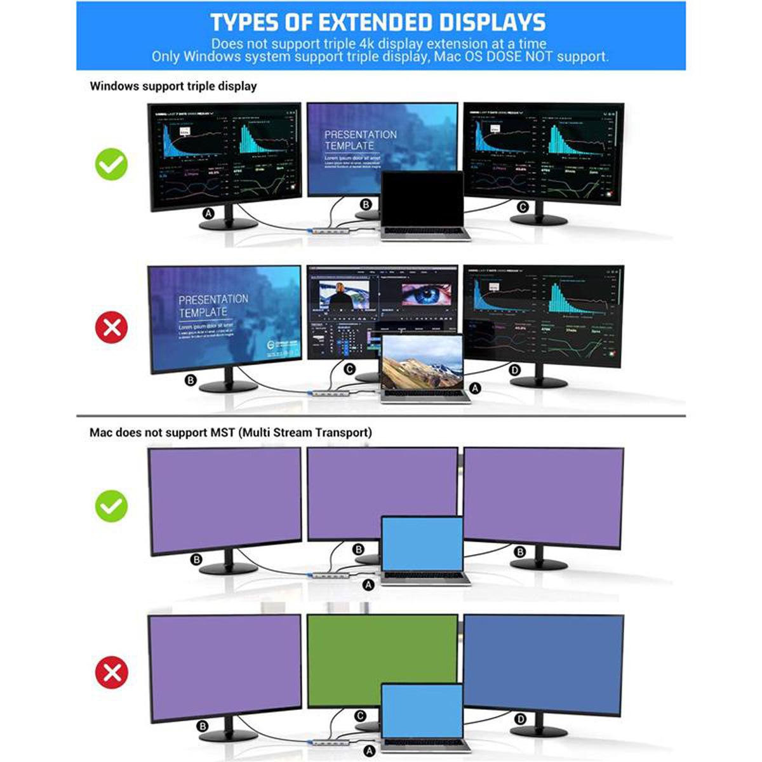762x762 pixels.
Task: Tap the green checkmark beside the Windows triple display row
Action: coord(111,164)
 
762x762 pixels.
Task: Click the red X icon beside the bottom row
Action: coord(111,672)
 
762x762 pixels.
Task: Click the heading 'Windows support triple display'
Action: coord(173,86)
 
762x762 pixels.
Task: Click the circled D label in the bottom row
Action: coord(521,719)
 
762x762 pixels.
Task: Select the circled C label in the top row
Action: coord(523,207)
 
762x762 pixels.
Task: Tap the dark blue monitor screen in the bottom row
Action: coord(544,664)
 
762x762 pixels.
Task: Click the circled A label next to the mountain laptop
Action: coord(475,388)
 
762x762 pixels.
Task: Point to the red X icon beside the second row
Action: coord(111,328)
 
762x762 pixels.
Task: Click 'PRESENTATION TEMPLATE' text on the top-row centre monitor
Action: coord(360,140)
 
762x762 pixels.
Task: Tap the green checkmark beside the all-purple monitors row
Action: coord(111,506)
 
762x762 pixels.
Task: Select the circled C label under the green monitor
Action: coord(359,716)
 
